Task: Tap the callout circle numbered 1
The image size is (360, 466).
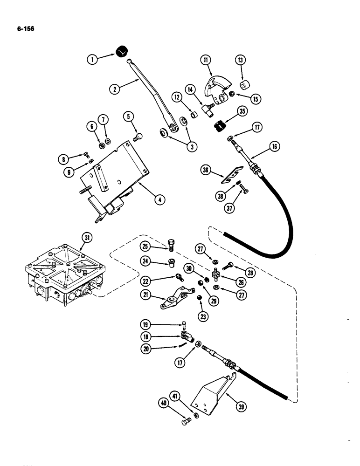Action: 93,59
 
